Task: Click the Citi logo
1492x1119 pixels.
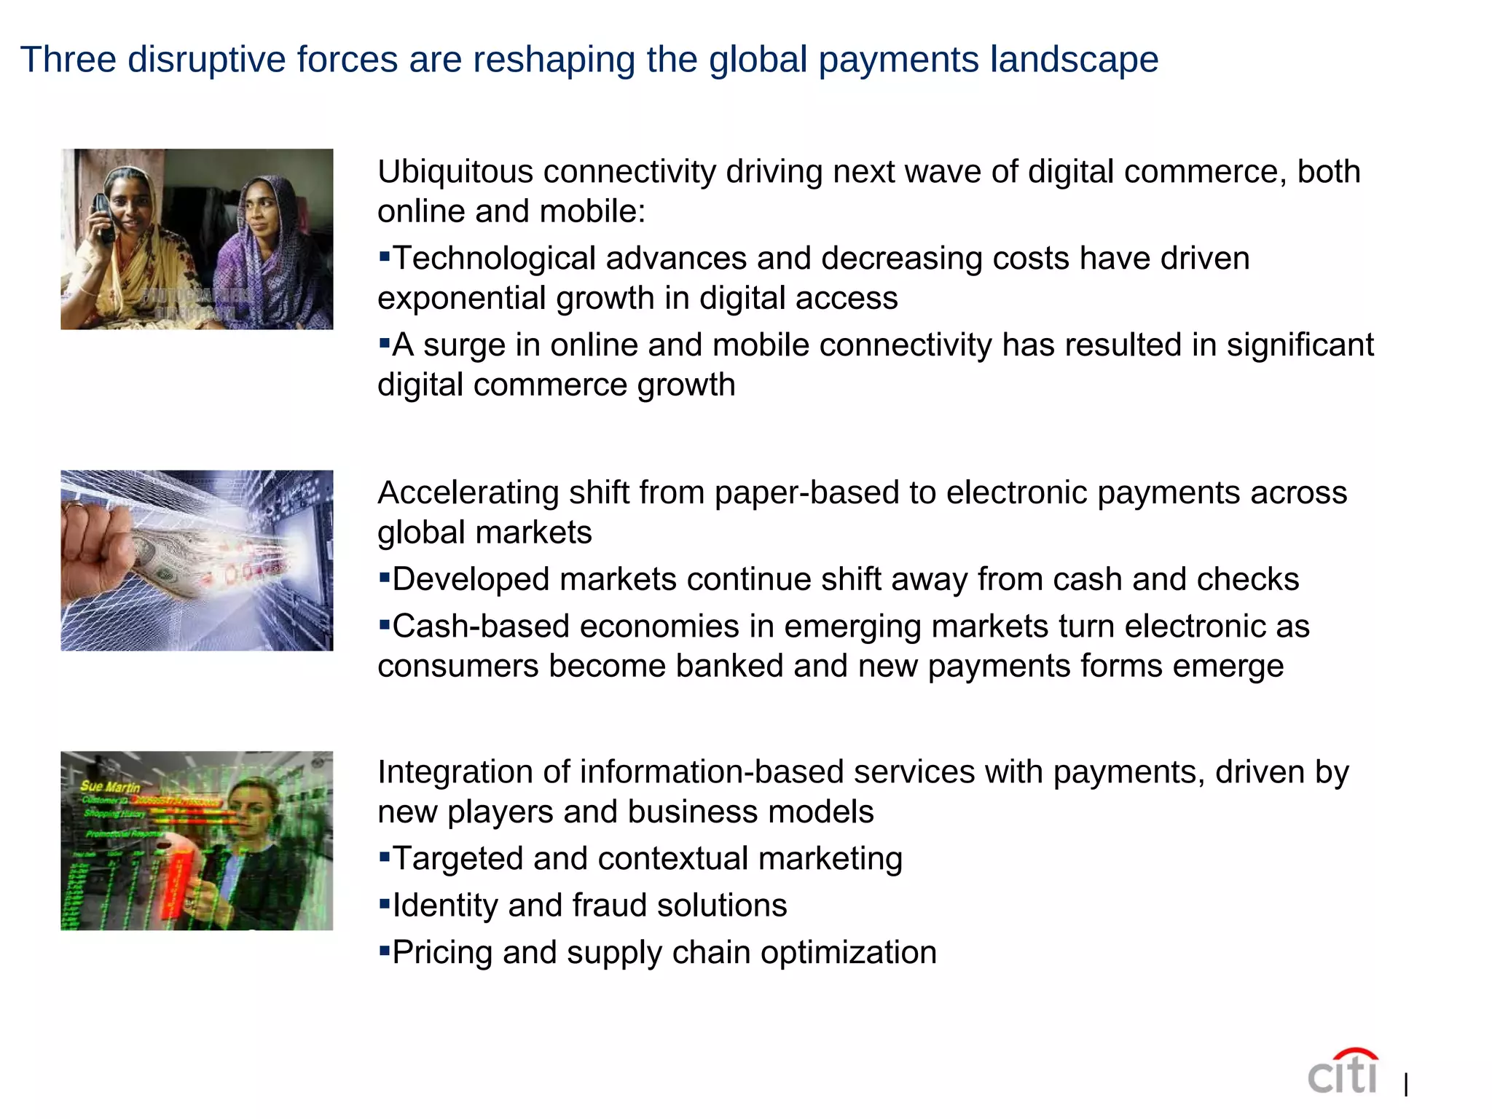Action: tap(1342, 1072)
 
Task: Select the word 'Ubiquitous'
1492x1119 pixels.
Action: tap(455, 173)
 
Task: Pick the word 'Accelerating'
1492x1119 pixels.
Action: tap(468, 493)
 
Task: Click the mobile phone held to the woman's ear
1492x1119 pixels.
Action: tap(104, 217)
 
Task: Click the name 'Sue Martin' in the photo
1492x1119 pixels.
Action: tap(110, 787)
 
